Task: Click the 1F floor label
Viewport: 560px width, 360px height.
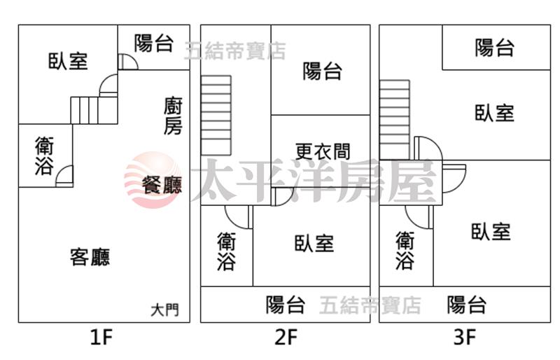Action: [101, 337]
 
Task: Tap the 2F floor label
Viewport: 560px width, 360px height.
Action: [286, 337]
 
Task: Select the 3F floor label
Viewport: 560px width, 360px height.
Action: [465, 337]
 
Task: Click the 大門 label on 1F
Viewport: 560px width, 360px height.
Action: [164, 310]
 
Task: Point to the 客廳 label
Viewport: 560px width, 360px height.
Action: [90, 257]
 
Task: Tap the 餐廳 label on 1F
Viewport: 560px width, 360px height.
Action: [162, 185]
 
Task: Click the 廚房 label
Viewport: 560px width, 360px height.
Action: [173, 116]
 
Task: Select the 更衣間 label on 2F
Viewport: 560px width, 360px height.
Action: [323, 151]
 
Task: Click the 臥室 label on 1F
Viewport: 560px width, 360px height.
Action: [68, 61]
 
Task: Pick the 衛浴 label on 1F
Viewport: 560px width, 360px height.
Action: [45, 156]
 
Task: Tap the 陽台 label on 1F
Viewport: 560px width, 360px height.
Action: [154, 43]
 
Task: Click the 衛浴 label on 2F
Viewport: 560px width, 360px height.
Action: [226, 251]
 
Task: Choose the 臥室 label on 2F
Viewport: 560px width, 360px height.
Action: [314, 244]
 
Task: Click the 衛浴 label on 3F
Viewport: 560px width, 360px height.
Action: [405, 250]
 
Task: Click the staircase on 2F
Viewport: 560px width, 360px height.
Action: [216, 116]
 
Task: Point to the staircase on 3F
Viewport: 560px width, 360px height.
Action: [394, 120]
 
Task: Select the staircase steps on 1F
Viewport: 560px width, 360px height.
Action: [84, 111]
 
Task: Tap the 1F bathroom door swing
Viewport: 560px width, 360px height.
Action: [64, 176]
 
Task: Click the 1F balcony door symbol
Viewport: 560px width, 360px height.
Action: [128, 62]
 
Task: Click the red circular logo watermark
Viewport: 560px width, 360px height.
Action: [153, 180]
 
